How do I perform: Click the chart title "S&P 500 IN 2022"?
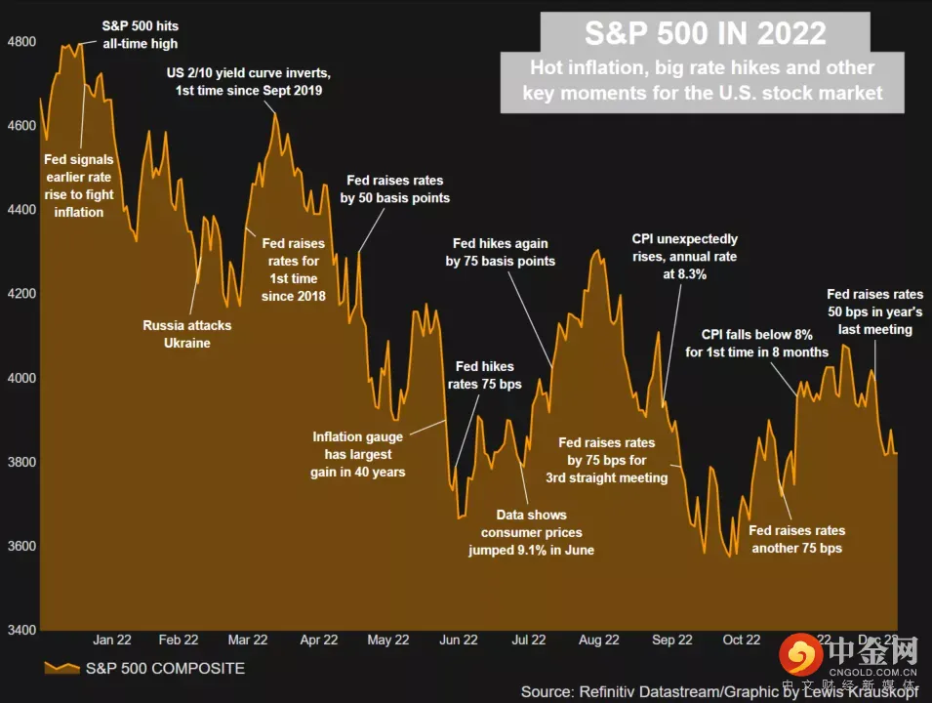(x=705, y=34)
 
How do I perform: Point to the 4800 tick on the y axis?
(x=21, y=42)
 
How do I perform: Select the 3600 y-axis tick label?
(x=21, y=546)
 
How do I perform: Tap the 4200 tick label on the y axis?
(x=21, y=294)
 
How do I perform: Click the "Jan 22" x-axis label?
(x=112, y=640)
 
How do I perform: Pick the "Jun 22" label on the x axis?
(x=458, y=640)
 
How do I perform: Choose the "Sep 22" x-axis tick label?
(x=671, y=640)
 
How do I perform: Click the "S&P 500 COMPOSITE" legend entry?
(x=165, y=669)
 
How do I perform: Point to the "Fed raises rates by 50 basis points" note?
(x=395, y=189)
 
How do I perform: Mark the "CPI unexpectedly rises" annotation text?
(x=684, y=257)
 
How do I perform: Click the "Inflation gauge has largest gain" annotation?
(x=358, y=455)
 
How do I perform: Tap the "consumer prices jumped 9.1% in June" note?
(x=531, y=532)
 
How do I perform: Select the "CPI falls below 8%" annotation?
(x=757, y=344)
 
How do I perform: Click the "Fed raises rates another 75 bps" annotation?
(x=796, y=539)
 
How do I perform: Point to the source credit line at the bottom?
(x=720, y=691)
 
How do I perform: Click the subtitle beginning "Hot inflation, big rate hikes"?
(x=703, y=81)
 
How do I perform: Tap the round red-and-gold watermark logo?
(x=803, y=653)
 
